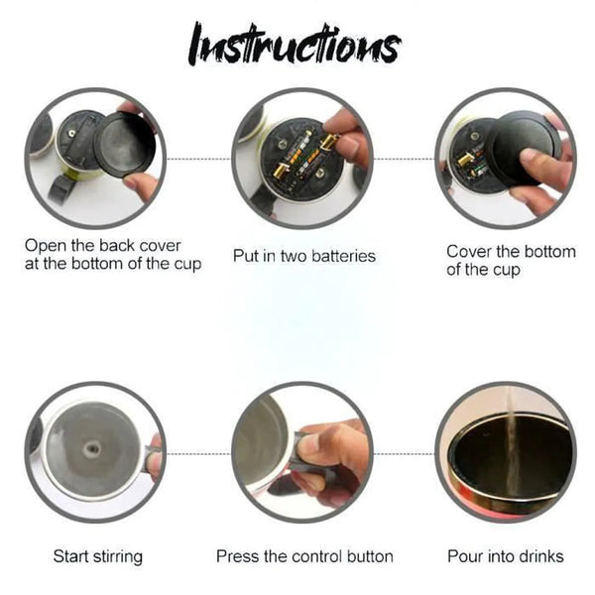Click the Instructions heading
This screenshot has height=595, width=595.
pyautogui.click(x=295, y=45)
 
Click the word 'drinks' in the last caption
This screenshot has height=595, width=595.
pyautogui.click(x=540, y=556)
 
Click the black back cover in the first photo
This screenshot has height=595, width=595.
pyautogui.click(x=125, y=145)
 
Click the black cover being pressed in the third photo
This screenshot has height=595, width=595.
pyautogui.click(x=525, y=147)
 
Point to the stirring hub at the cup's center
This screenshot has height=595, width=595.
pyautogui.click(x=91, y=449)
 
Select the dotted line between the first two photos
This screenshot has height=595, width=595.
pyautogui.click(x=199, y=159)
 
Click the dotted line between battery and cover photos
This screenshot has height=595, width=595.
pyautogui.click(x=405, y=159)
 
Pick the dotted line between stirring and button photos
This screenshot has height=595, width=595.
pyautogui.click(x=199, y=453)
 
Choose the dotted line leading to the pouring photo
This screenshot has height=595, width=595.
pyautogui.click(x=405, y=453)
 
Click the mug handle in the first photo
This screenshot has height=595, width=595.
pyautogui.click(x=59, y=189)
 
